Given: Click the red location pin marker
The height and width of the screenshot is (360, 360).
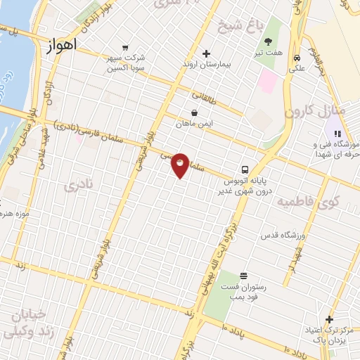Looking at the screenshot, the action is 181,165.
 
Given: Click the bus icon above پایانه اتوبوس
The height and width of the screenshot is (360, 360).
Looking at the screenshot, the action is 245,169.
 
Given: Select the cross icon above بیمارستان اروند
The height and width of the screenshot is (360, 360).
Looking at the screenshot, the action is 206,53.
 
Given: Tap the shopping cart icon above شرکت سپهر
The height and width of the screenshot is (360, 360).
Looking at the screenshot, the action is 125,47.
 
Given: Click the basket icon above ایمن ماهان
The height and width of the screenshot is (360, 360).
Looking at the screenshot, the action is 194,112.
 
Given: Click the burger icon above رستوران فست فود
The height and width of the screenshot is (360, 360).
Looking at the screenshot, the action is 243,275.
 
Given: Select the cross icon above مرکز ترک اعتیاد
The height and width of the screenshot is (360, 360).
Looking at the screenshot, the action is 328,319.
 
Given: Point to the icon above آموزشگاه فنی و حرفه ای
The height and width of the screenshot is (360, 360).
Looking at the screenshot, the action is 337,134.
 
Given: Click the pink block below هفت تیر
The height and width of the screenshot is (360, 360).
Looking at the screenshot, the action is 268,82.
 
